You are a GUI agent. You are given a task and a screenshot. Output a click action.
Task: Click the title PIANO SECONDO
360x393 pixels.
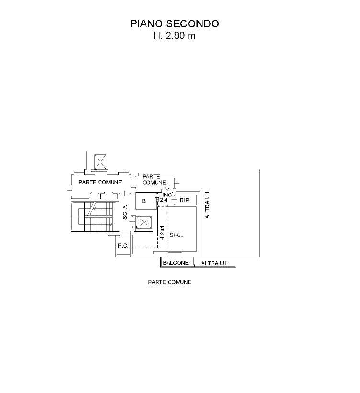(174, 23)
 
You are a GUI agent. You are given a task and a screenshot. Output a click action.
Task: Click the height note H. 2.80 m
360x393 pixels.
(174, 35)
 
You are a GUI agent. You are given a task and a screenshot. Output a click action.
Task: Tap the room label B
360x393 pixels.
(144, 201)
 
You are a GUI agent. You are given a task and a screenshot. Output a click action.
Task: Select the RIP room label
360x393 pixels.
(184, 200)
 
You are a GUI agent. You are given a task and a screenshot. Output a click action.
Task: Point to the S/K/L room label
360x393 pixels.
(177, 235)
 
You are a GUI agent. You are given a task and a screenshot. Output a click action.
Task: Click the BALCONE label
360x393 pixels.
(176, 263)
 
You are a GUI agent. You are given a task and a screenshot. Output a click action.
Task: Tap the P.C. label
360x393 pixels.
(123, 246)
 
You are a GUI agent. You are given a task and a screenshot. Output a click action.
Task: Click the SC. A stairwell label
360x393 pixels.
(125, 212)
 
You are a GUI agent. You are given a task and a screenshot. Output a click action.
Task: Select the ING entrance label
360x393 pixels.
(167, 195)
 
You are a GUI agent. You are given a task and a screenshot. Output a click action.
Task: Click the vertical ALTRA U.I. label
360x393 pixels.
(207, 204)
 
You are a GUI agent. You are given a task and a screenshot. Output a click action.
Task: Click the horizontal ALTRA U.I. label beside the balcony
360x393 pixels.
(214, 263)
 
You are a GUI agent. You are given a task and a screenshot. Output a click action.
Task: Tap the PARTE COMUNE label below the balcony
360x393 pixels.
(170, 282)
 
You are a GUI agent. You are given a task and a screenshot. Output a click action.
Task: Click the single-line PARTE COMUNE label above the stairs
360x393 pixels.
(100, 182)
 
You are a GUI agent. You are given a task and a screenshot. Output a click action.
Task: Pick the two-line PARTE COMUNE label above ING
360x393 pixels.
(154, 179)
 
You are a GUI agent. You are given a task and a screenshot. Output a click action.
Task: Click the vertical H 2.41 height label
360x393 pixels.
(162, 233)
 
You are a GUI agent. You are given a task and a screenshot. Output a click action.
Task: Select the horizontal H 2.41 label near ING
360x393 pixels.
(163, 200)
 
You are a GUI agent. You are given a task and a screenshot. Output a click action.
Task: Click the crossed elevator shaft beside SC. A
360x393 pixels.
(144, 222)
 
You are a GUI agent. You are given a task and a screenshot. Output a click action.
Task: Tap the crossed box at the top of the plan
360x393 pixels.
(100, 162)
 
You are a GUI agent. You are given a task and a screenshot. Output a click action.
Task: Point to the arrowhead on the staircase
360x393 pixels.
(111, 224)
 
